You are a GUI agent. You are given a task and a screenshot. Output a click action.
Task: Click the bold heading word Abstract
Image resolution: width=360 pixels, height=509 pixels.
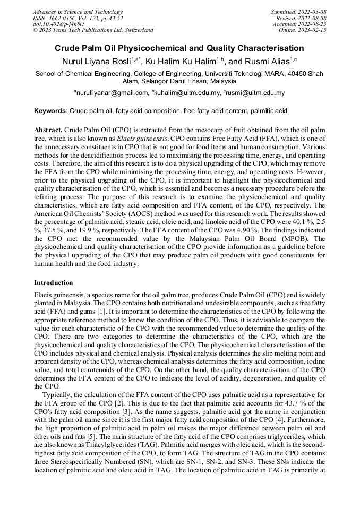coord(48,130)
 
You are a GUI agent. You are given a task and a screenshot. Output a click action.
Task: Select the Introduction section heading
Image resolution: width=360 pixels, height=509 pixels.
coord(54,283)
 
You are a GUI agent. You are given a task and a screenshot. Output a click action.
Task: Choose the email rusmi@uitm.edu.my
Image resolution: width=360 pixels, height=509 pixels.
coord(255,93)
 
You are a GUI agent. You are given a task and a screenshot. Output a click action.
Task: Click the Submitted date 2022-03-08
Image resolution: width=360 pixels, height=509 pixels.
coord(311,12)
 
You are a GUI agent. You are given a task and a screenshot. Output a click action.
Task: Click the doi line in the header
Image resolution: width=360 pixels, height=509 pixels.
coord(58,24)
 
